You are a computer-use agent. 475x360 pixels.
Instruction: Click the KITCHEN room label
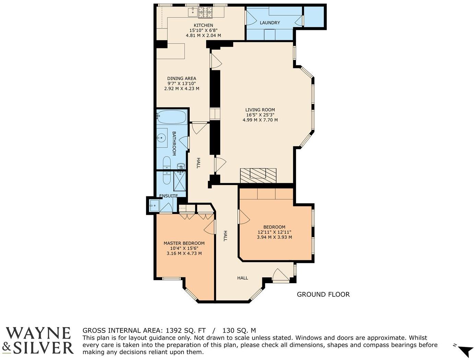click(x=203, y=25)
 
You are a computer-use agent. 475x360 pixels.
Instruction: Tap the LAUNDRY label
click(x=270, y=23)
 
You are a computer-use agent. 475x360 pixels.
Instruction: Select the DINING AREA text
click(x=181, y=78)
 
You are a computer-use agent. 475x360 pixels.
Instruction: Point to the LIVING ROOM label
click(x=260, y=110)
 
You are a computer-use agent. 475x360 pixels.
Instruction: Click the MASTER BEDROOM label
click(x=184, y=243)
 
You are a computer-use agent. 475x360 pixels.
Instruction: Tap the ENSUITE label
click(x=168, y=196)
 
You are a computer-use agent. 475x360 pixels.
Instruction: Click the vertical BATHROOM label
click(x=174, y=143)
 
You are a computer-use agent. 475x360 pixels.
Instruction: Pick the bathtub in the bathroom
click(x=171, y=117)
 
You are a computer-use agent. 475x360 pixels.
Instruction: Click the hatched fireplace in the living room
click(x=258, y=175)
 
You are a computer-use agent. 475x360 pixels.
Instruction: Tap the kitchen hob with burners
click(x=205, y=12)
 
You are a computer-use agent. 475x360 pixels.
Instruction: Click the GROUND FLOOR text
click(x=323, y=294)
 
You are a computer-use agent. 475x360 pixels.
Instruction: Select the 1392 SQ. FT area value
click(x=186, y=330)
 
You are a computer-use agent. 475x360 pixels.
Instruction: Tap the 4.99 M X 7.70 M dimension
click(x=260, y=120)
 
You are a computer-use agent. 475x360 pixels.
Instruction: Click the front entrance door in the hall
click(x=281, y=276)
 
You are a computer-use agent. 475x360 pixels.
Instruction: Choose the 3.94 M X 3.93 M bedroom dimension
click(x=274, y=237)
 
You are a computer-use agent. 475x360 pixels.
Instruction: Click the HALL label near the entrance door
click(x=242, y=278)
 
